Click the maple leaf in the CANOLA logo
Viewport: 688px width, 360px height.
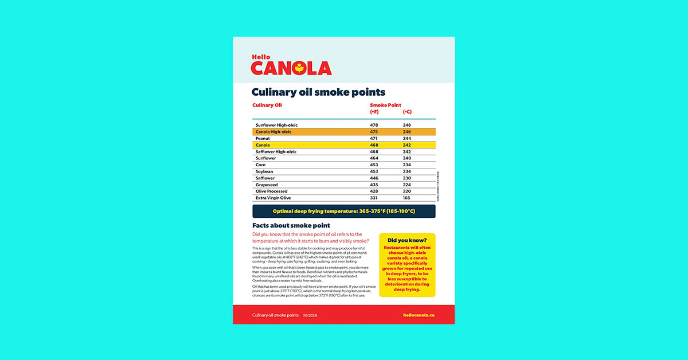[298, 69]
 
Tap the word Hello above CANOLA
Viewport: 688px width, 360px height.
[261, 57]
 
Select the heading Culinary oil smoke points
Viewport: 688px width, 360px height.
[318, 92]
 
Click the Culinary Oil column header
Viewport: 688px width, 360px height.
[267, 105]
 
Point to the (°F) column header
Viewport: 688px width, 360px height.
[374, 112]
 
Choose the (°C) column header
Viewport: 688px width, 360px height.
[407, 112]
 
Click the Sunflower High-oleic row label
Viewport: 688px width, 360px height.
[276, 125]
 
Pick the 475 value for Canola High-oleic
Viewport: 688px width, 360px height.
[374, 132]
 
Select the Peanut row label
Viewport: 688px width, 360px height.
[263, 138]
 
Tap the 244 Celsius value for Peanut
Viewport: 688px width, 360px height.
[407, 138]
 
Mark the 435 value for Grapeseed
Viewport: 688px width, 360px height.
[374, 185]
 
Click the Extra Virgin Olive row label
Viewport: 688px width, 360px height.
[273, 198]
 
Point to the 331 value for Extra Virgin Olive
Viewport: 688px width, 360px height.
[374, 198]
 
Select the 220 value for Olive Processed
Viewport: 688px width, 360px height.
[407, 191]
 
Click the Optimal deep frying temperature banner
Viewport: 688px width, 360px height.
[343, 212]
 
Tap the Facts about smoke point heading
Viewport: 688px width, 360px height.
[291, 226]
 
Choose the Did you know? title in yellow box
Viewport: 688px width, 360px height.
[407, 240]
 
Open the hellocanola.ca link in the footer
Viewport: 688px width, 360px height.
[419, 315]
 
